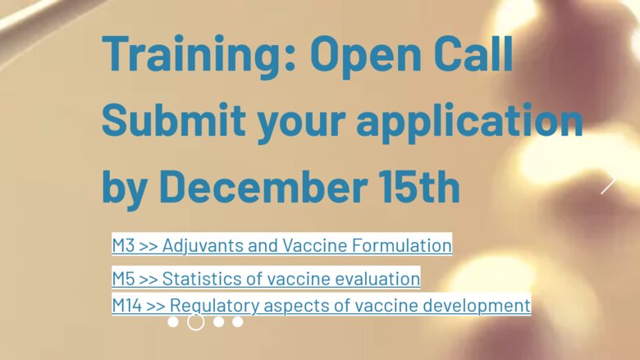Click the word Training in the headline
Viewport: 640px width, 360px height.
click(x=199, y=55)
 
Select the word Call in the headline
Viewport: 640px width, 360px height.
click(x=473, y=54)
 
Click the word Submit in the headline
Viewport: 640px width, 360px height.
click(x=174, y=120)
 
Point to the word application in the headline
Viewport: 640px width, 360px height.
click(x=469, y=122)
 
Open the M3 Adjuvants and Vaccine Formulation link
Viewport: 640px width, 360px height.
click(x=282, y=245)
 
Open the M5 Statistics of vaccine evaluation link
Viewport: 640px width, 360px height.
click(x=266, y=279)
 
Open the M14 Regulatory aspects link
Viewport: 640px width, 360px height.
click(x=322, y=305)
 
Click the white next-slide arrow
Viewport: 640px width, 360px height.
click(x=609, y=180)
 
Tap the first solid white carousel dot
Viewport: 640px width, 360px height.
click(x=173, y=322)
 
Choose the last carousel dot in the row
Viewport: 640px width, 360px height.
click(x=238, y=322)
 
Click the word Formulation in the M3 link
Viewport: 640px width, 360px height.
click(x=401, y=245)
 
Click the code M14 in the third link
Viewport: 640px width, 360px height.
click(x=127, y=305)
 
